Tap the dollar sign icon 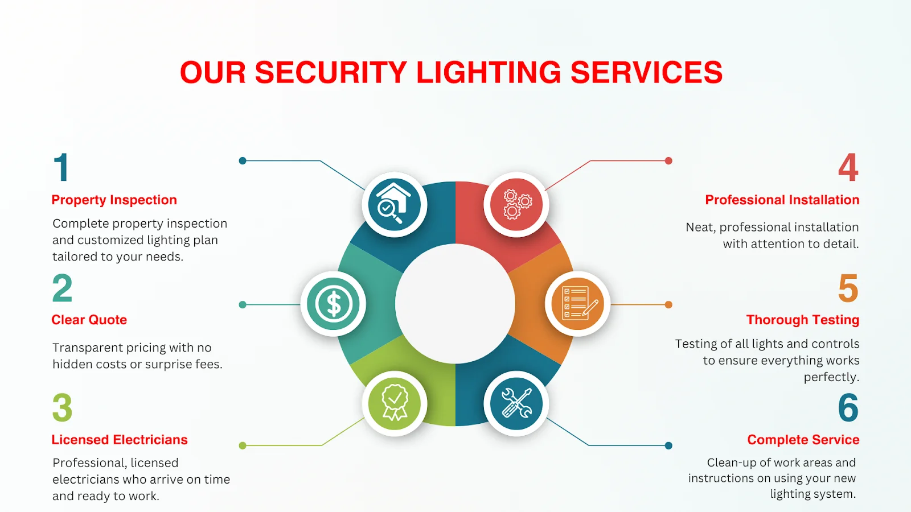(x=334, y=304)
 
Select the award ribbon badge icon (x=395, y=402)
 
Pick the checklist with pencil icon (x=579, y=303)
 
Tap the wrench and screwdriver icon (x=516, y=403)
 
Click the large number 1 (x=61, y=167)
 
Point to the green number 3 (x=62, y=407)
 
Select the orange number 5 (x=848, y=288)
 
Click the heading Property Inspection (x=114, y=200)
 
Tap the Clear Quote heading (x=89, y=320)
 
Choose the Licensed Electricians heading (x=120, y=440)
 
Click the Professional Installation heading (x=782, y=200)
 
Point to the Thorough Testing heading (x=803, y=320)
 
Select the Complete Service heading (x=803, y=440)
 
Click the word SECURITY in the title (x=331, y=72)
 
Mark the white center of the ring (x=455, y=304)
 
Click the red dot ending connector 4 (x=668, y=160)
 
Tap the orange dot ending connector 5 (x=668, y=304)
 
